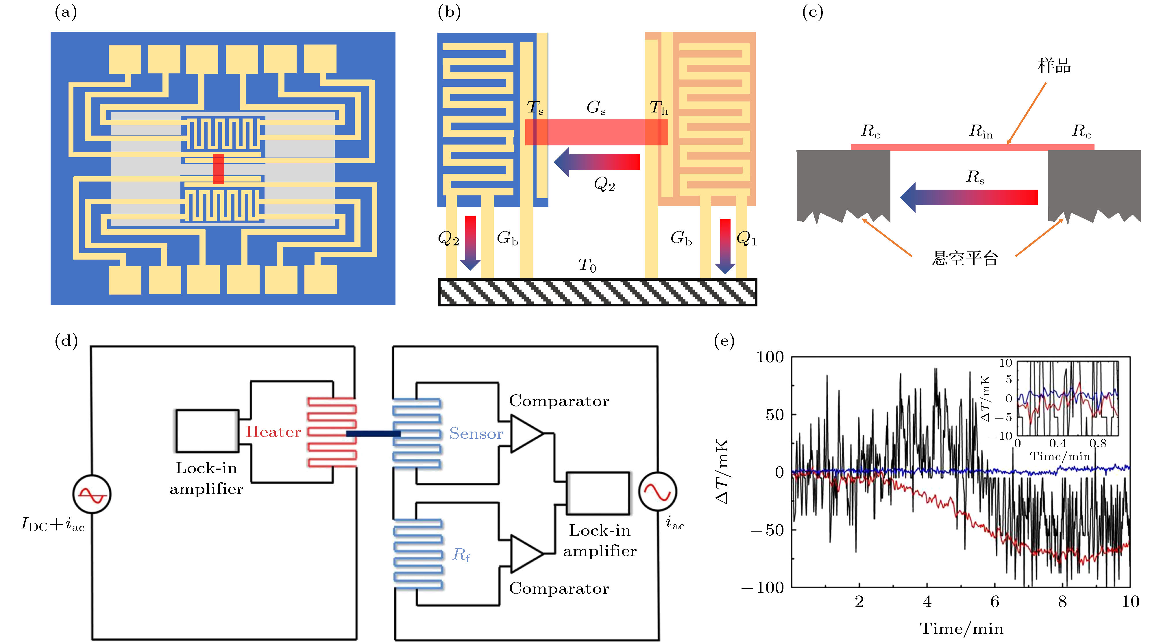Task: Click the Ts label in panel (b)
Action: pos(535,108)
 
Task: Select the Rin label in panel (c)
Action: pos(981,131)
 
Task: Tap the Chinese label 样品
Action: pos(1054,66)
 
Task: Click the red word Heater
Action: pos(273,432)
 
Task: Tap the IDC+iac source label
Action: pos(53,524)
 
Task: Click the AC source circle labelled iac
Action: pos(658,491)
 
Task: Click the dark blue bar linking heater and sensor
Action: pos(373,433)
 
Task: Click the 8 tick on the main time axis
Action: pos(1062,602)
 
